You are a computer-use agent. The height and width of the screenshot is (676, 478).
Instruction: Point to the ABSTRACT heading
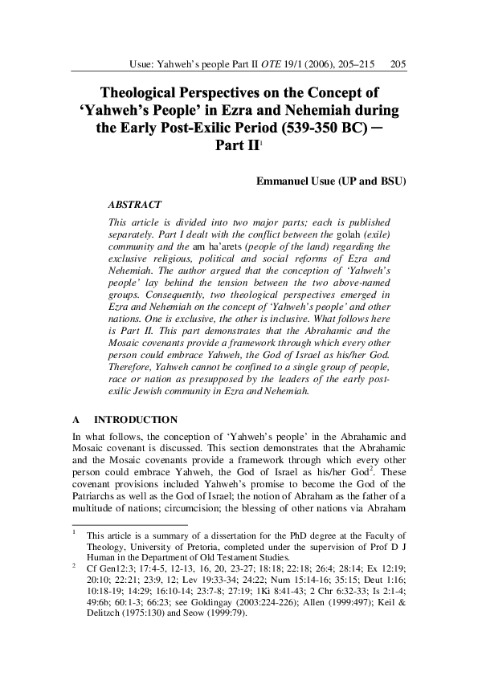(x=134, y=205)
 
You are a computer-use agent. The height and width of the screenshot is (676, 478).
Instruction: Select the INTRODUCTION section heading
(x=136, y=420)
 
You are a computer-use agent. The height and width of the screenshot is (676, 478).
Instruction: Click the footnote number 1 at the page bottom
(x=74, y=531)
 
